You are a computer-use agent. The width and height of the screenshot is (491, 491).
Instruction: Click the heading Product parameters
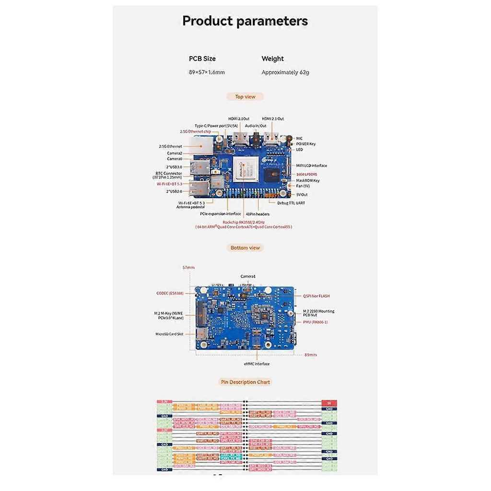245,21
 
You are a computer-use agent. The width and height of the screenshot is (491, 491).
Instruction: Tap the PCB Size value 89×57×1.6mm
207,72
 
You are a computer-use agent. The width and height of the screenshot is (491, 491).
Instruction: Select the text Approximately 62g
285,72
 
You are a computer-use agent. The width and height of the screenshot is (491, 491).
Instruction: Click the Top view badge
245,97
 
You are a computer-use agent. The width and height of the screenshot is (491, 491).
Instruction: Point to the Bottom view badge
245,248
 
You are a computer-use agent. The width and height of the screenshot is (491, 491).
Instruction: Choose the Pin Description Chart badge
245,382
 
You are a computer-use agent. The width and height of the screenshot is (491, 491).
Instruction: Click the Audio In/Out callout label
256,126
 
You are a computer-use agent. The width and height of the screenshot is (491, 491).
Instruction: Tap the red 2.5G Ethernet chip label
195,131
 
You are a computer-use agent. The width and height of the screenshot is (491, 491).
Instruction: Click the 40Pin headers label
257,214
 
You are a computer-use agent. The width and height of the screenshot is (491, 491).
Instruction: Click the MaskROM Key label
308,180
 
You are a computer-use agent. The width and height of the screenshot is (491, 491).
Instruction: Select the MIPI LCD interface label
312,165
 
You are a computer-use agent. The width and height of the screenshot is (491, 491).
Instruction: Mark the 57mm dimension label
188,267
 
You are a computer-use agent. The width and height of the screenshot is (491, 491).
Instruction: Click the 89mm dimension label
310,355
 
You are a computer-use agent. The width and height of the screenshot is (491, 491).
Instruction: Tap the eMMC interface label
257,364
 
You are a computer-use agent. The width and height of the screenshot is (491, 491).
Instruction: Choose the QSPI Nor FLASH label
316,296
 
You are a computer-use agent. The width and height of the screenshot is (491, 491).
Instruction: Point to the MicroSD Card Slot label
169,333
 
